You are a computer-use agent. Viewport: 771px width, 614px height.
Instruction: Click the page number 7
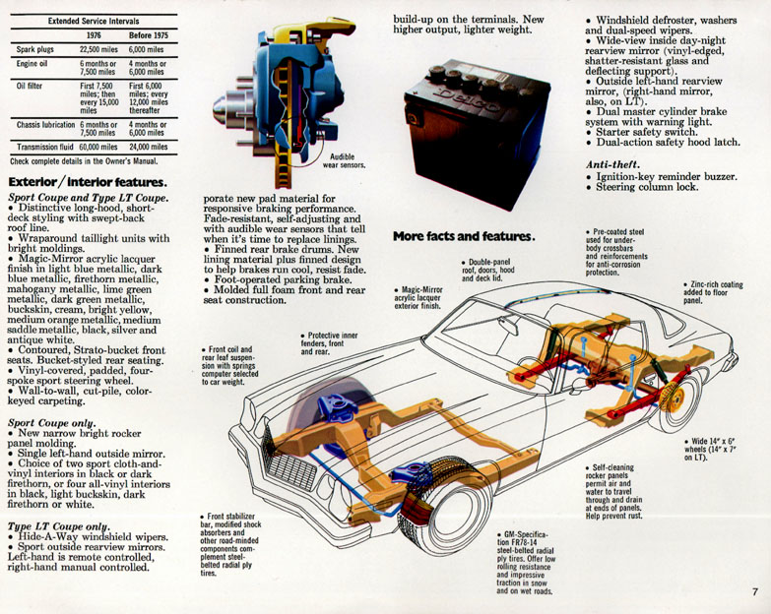pyautogui.click(x=752, y=592)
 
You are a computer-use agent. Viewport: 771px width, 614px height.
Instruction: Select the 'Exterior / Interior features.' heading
pyautogui.click(x=87, y=182)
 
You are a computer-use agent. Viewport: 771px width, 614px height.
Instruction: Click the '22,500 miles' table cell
pyautogui.click(x=97, y=48)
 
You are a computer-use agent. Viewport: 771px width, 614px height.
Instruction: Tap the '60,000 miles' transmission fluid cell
pyautogui.click(x=97, y=146)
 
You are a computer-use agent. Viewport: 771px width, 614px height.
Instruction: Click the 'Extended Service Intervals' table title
pyautogui.click(x=93, y=19)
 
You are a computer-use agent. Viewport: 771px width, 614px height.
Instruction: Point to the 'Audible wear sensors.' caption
pyautogui.click(x=349, y=160)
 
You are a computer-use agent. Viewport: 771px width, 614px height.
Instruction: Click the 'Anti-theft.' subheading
pyautogui.click(x=612, y=164)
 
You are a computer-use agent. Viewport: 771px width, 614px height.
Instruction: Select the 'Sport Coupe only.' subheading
pyautogui.click(x=52, y=421)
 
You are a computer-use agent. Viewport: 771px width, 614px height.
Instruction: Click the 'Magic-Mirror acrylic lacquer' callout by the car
pyautogui.click(x=414, y=295)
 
